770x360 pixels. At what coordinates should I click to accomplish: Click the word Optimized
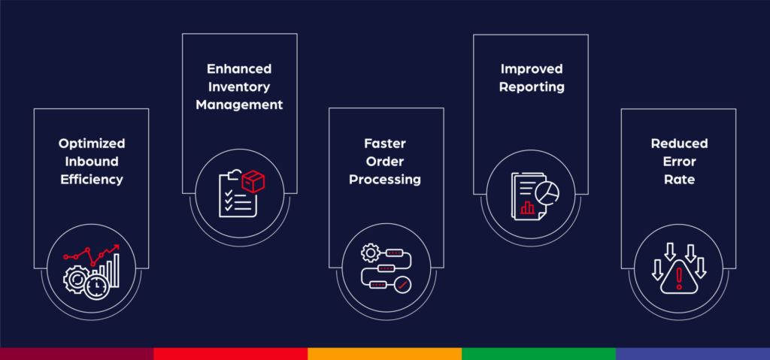tap(91, 144)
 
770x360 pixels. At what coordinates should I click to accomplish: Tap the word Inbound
tap(91, 162)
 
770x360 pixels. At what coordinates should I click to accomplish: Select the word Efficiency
tap(91, 180)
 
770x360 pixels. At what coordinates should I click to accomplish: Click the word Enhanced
tap(239, 68)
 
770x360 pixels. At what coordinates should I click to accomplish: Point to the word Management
tap(239, 105)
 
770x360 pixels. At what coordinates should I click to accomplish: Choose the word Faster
tap(384, 144)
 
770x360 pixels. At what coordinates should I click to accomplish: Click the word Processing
tap(384, 180)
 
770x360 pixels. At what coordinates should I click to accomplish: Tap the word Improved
tap(532, 68)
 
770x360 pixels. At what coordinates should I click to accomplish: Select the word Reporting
tap(532, 86)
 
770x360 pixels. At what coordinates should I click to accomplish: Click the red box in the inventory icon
tap(253, 181)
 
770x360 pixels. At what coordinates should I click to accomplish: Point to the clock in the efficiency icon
tap(95, 286)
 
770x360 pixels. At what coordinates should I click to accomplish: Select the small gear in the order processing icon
tap(369, 253)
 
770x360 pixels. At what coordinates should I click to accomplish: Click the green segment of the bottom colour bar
tap(538, 353)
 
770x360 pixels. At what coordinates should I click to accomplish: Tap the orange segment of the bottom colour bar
tap(384, 353)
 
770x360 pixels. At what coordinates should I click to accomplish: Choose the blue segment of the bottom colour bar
tap(693, 353)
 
